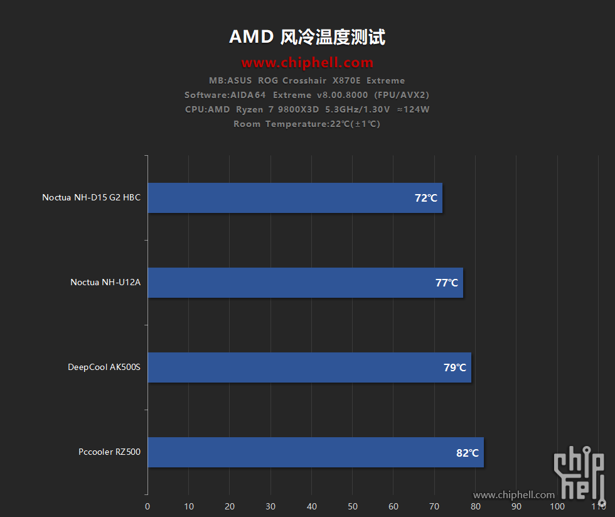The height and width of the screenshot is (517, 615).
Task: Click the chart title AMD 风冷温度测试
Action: pos(307,37)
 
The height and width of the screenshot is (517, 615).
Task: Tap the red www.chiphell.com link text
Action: pos(307,63)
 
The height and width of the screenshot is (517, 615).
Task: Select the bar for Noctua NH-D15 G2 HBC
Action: pos(295,198)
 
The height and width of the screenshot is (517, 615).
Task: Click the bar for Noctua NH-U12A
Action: pos(305,283)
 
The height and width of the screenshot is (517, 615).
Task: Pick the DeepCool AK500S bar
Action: pos(309,367)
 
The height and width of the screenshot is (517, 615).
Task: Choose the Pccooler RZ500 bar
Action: pos(315,452)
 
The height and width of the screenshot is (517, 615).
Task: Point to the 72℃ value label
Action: pos(426,198)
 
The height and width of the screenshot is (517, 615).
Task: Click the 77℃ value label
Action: pos(447,283)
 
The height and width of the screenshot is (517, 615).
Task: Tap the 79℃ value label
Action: pos(455,367)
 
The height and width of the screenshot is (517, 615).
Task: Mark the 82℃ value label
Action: pos(468,452)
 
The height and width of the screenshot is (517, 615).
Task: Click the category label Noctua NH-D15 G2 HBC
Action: pos(92,197)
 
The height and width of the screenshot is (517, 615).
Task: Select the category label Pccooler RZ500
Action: pos(110,452)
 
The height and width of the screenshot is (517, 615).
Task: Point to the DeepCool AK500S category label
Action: pos(104,367)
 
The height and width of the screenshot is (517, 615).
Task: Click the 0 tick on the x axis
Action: pos(147,506)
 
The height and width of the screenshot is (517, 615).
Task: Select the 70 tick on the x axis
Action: pos(434,506)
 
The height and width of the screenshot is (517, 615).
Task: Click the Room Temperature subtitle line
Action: pos(307,124)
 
